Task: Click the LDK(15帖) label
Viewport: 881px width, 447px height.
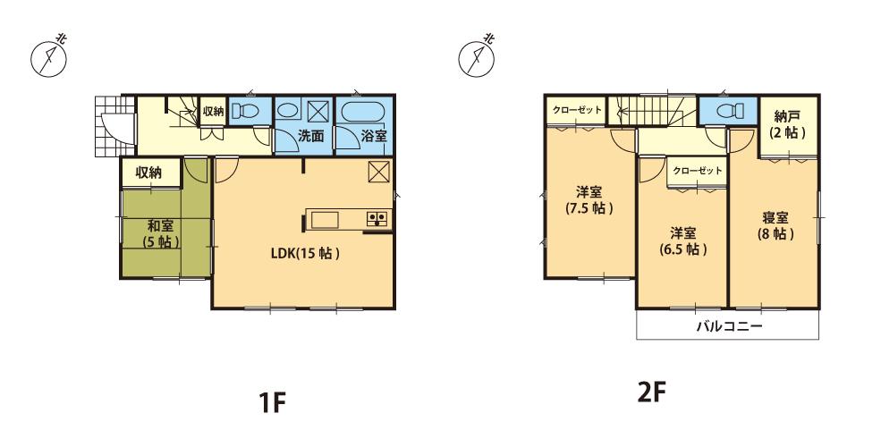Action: pyautogui.click(x=305, y=253)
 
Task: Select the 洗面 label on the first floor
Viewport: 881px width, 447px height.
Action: pyautogui.click(x=310, y=137)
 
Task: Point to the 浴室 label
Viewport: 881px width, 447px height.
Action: pyautogui.click(x=374, y=137)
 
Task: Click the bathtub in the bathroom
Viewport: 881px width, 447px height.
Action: pyautogui.click(x=363, y=112)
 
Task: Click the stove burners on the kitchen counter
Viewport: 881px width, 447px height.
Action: pyautogui.click(x=376, y=218)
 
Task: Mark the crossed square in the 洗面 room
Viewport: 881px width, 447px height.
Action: pyautogui.click(x=318, y=111)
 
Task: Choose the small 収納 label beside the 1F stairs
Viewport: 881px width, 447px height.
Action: pyautogui.click(x=213, y=111)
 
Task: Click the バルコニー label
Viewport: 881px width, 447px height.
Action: pyautogui.click(x=728, y=326)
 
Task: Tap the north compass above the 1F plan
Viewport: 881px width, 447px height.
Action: pyautogui.click(x=49, y=55)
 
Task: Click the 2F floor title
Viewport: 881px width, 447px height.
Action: pyautogui.click(x=651, y=393)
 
